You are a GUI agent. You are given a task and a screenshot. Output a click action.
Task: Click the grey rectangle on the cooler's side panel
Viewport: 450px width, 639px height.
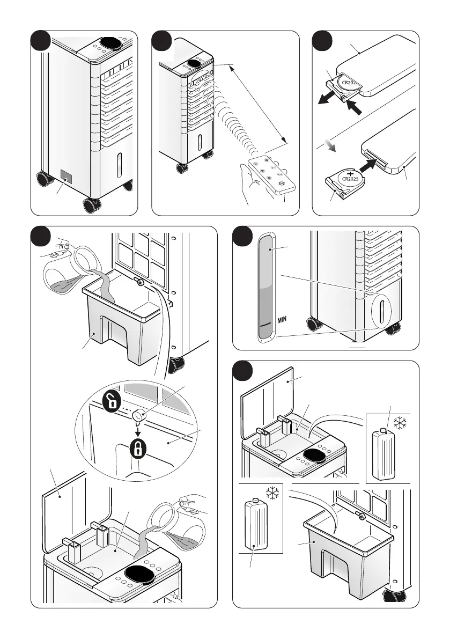click(x=65, y=176)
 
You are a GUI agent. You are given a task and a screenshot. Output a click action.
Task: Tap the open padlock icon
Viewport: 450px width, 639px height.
click(x=110, y=402)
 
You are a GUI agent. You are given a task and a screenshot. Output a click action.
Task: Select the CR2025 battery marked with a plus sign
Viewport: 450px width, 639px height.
click(x=350, y=177)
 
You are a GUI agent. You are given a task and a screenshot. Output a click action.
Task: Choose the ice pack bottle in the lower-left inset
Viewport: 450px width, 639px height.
click(x=256, y=524)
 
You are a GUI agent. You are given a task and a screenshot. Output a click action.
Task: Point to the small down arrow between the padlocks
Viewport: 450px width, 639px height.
click(x=137, y=427)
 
